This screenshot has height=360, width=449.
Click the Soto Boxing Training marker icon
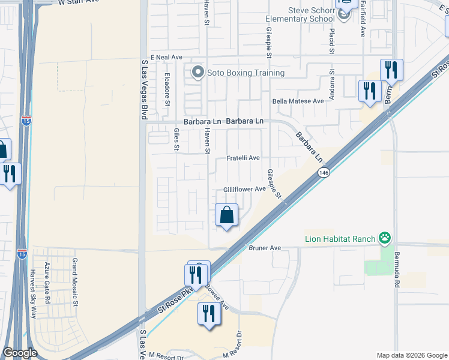point(197,73)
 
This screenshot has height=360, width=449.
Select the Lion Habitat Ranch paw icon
point(384,238)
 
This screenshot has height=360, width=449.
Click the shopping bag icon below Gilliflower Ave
point(227,215)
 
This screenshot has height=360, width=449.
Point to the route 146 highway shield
point(324,173)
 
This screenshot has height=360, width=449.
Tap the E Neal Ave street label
point(166,57)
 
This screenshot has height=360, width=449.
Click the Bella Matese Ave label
point(298,101)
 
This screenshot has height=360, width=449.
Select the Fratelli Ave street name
point(243,158)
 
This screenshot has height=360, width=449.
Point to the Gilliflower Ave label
point(244,189)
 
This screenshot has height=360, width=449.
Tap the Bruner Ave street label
point(265,247)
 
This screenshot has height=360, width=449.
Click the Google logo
point(20,353)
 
